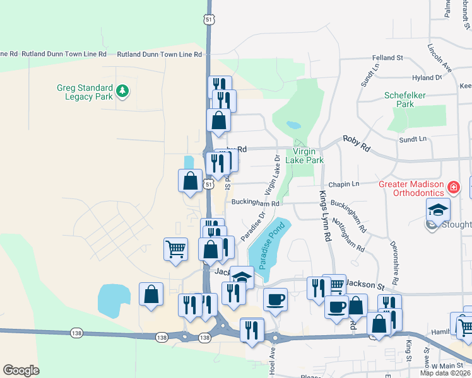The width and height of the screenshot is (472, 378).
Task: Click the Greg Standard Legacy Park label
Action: (85, 92)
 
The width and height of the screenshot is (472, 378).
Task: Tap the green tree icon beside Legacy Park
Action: (122, 92)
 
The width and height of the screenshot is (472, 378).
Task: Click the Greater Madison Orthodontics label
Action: (411, 188)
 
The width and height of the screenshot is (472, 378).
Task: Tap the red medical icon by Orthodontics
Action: (452, 187)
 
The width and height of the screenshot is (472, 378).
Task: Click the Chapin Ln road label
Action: (346, 184)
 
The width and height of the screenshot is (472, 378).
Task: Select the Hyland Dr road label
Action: (427, 77)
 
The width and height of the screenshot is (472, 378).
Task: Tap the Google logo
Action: (21, 370)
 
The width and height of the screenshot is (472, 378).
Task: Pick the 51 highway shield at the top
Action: (209, 20)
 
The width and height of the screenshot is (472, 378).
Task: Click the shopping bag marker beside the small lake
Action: (151, 294)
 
